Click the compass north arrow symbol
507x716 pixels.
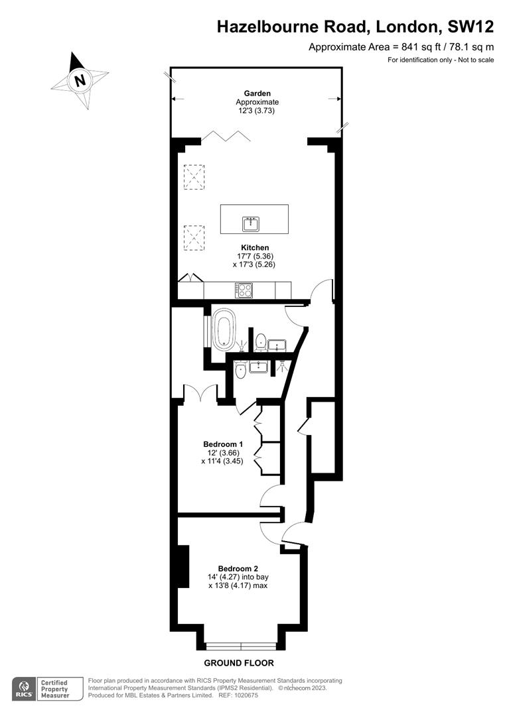pyautogui.click(x=80, y=80)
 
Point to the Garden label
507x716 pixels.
pyautogui.click(x=257, y=93)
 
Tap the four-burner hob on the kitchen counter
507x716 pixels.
pyautogui.click(x=244, y=290)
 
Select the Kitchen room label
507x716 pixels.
pyautogui.click(x=255, y=247)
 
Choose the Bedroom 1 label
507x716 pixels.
pyautogui.click(x=223, y=444)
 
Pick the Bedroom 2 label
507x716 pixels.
pyautogui.click(x=238, y=568)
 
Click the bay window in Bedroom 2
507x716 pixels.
pyautogui.click(x=241, y=646)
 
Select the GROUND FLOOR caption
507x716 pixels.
pyautogui.click(x=239, y=663)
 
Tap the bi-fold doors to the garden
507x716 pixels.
pyautogui.click(x=226, y=137)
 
